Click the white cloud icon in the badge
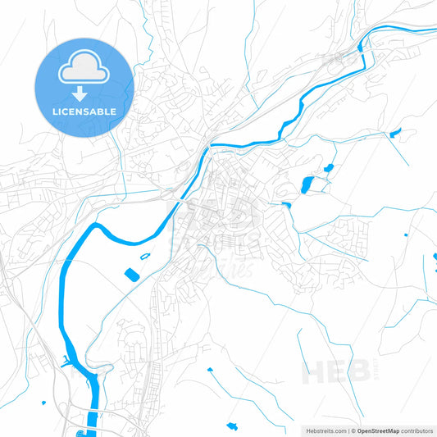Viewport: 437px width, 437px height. [84, 70]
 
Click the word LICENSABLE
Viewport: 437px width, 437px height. [84, 111]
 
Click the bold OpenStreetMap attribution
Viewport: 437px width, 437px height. [377, 430]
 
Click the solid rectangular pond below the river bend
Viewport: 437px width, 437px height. [131, 273]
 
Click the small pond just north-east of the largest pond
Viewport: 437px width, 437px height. [328, 168]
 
